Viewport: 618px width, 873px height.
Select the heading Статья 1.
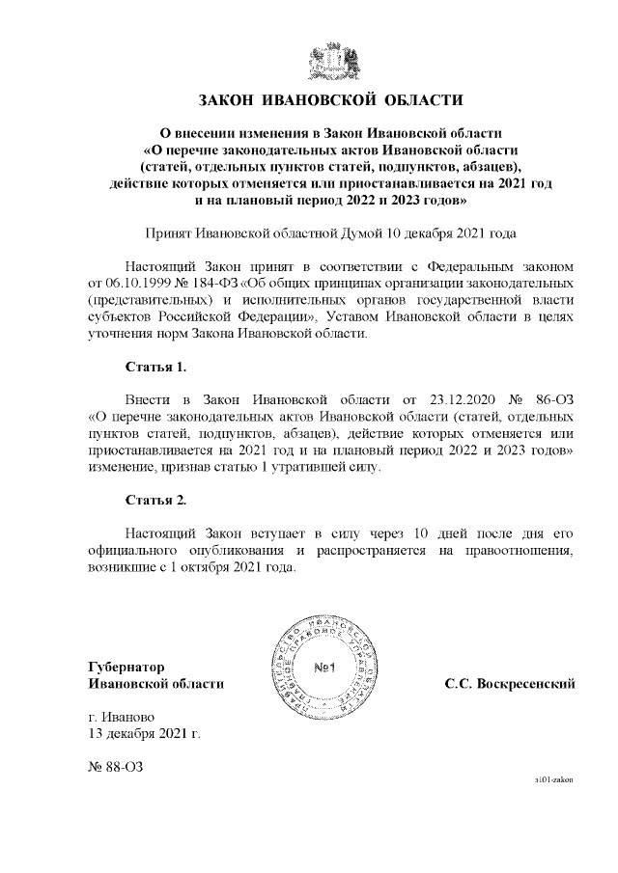pyautogui.click(x=155, y=368)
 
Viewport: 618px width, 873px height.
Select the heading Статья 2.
pyautogui.click(x=155, y=500)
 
